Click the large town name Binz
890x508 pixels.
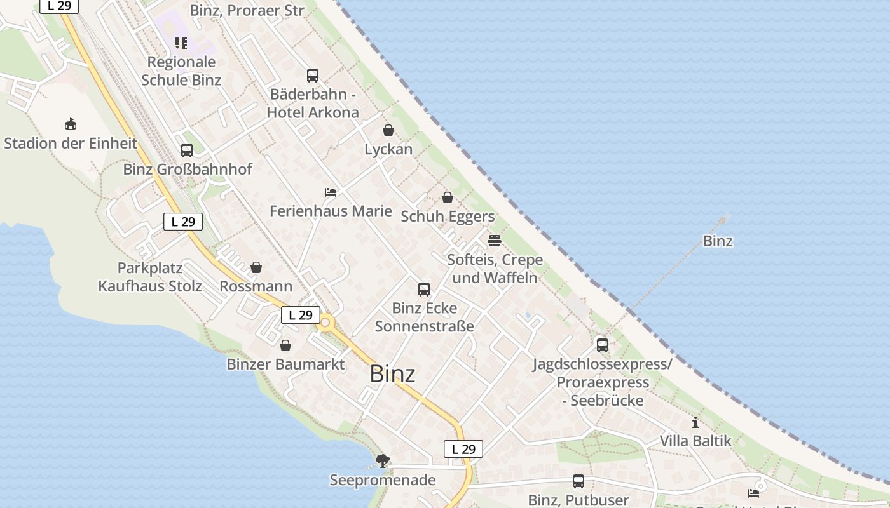[392, 374]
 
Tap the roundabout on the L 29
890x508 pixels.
[326, 323]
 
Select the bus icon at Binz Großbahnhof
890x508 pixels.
[187, 150]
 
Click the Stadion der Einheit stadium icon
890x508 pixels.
[71, 124]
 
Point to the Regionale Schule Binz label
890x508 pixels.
[181, 71]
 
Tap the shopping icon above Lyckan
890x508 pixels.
[388, 130]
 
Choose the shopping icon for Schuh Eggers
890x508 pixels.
[448, 197]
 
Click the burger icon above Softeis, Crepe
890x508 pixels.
[495, 241]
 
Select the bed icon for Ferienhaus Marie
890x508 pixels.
[331, 192]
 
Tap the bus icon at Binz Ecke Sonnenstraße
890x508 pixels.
[424, 290]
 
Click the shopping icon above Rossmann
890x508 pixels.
[256, 267]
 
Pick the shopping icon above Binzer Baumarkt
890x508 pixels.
[285, 345]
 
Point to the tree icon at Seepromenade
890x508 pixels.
[383, 460]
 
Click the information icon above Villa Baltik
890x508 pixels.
[695, 422]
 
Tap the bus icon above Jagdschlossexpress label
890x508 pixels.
[602, 345]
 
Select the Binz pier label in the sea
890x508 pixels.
[718, 241]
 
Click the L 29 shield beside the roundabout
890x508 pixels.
[300, 315]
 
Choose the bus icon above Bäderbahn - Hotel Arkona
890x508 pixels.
[313, 76]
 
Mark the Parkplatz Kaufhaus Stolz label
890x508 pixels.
[150, 277]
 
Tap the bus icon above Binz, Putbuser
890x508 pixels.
[578, 481]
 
